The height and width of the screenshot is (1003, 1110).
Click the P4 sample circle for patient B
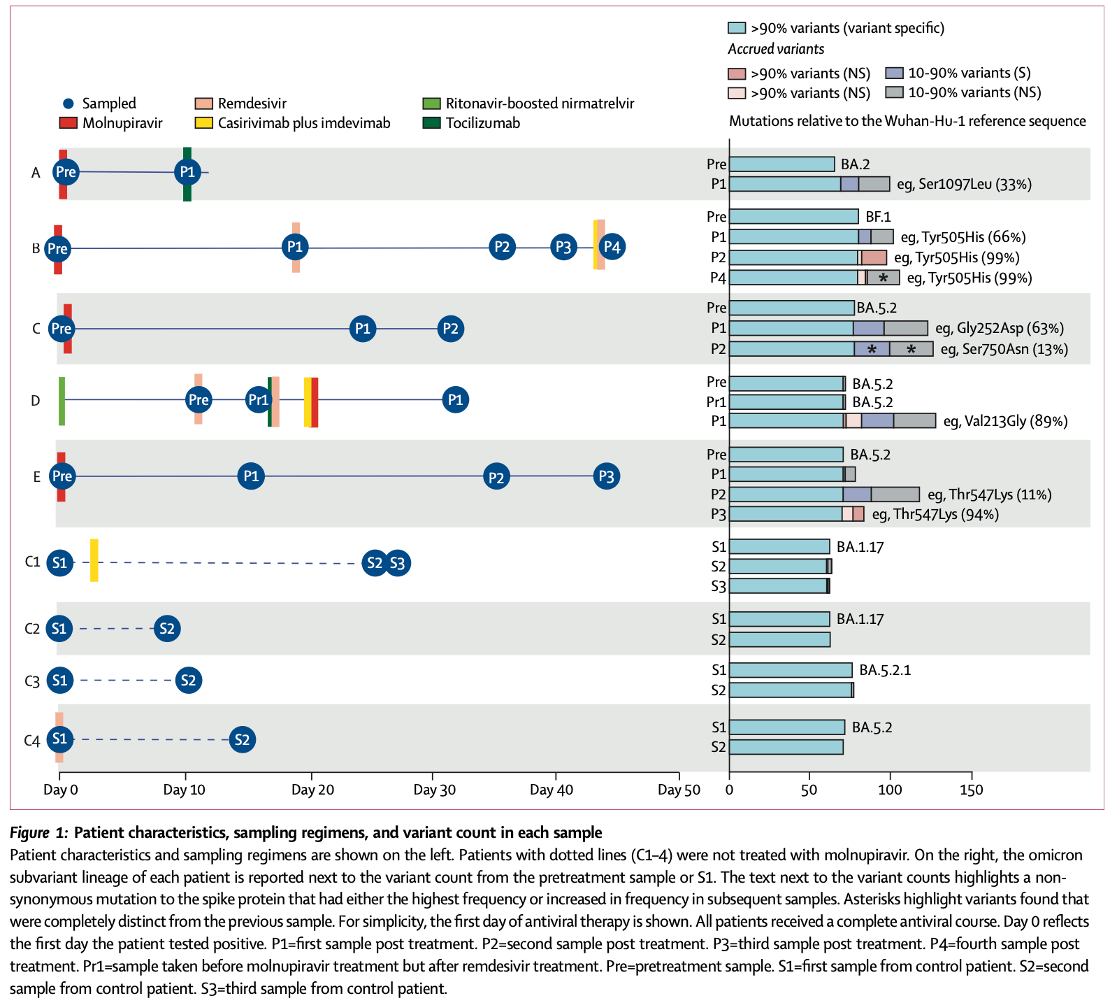(612, 247)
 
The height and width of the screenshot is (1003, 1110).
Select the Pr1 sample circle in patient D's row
(259, 400)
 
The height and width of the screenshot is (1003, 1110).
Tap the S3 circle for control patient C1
(397, 563)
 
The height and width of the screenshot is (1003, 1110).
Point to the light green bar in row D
(62, 400)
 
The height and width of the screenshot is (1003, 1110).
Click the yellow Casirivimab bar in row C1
(94, 560)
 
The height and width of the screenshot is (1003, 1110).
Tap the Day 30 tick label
(434, 790)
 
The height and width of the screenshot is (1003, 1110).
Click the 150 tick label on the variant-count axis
(971, 790)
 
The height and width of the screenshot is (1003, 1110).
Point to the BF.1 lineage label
(878, 217)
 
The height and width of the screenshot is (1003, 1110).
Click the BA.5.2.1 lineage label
(885, 670)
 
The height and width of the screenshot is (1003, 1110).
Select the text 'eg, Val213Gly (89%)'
(1005, 421)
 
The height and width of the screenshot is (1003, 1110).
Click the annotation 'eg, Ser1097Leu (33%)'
(964, 185)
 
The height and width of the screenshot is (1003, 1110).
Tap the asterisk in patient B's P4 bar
(884, 278)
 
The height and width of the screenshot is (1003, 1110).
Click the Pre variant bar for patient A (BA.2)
(781, 164)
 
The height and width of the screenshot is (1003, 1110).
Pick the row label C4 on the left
(32, 741)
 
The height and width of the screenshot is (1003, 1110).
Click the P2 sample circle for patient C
(451, 329)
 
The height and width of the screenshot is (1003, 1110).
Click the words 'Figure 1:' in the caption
(39, 833)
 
